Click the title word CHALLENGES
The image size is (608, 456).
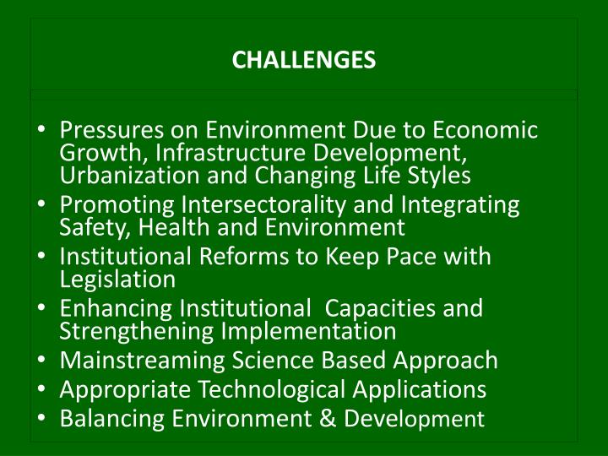point(304,61)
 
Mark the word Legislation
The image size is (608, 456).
point(118,279)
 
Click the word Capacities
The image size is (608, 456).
point(379,308)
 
